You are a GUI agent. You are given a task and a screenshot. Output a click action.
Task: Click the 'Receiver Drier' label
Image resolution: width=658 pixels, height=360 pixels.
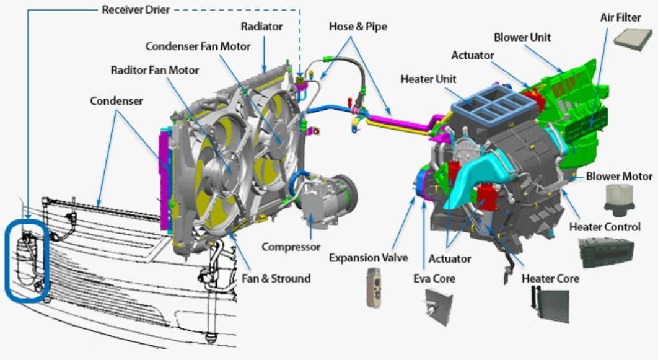(136, 9)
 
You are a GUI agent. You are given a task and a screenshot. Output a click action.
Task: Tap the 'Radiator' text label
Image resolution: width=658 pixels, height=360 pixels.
(261, 27)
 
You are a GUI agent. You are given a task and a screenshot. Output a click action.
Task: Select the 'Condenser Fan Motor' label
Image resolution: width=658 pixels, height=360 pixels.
(198, 46)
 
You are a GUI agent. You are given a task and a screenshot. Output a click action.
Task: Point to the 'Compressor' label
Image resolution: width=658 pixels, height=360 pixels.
(291, 247)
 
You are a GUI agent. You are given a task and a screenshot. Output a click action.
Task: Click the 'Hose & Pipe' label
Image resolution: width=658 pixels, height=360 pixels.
(358, 27)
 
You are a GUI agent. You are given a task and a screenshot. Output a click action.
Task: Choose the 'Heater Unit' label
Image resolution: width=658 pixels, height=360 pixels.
(429, 79)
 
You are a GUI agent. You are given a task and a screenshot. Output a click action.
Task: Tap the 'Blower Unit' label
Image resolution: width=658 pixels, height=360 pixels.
(522, 37)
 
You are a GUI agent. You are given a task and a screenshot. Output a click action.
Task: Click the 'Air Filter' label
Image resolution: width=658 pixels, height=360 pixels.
(620, 17)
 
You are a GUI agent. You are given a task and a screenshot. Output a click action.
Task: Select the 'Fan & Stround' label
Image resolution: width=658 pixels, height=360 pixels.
(276, 279)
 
